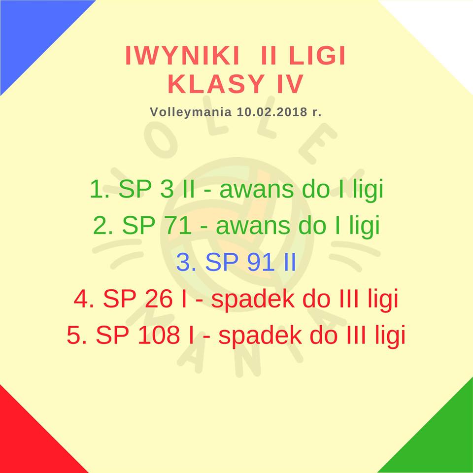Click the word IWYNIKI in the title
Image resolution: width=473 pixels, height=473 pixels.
[x=182, y=56]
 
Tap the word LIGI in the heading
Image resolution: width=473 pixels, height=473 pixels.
[x=317, y=56]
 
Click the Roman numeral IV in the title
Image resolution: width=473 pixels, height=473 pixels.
[x=290, y=84]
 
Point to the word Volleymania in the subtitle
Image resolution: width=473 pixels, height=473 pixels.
[x=191, y=112]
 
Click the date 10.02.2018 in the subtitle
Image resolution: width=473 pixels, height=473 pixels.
[x=272, y=112]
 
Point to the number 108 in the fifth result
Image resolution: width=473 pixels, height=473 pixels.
[x=159, y=335]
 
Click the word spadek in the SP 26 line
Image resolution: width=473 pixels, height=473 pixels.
[x=253, y=299]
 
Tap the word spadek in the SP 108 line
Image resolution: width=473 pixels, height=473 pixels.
[x=260, y=336]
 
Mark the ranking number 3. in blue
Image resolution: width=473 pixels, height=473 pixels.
[x=186, y=262]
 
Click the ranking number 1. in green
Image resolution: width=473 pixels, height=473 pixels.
[x=100, y=189]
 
